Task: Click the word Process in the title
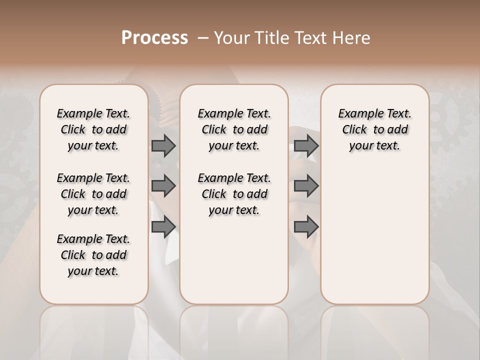pyautogui.click(x=154, y=38)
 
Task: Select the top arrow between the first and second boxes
pyautogui.click(x=163, y=145)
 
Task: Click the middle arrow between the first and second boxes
pyautogui.click(x=163, y=186)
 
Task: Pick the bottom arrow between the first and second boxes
pyautogui.click(x=163, y=226)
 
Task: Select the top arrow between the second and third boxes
pyautogui.click(x=306, y=145)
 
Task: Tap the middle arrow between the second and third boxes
pyautogui.click(x=306, y=186)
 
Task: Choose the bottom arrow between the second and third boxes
pyautogui.click(x=306, y=226)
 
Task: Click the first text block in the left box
pyautogui.click(x=93, y=129)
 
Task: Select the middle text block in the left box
pyautogui.click(x=93, y=194)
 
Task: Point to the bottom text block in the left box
pyautogui.click(x=93, y=255)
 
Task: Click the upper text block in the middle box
pyautogui.click(x=234, y=129)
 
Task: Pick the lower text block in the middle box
pyautogui.click(x=234, y=194)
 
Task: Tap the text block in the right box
pyautogui.click(x=374, y=129)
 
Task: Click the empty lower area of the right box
pyautogui.click(x=374, y=240)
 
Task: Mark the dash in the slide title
pyautogui.click(x=203, y=38)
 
